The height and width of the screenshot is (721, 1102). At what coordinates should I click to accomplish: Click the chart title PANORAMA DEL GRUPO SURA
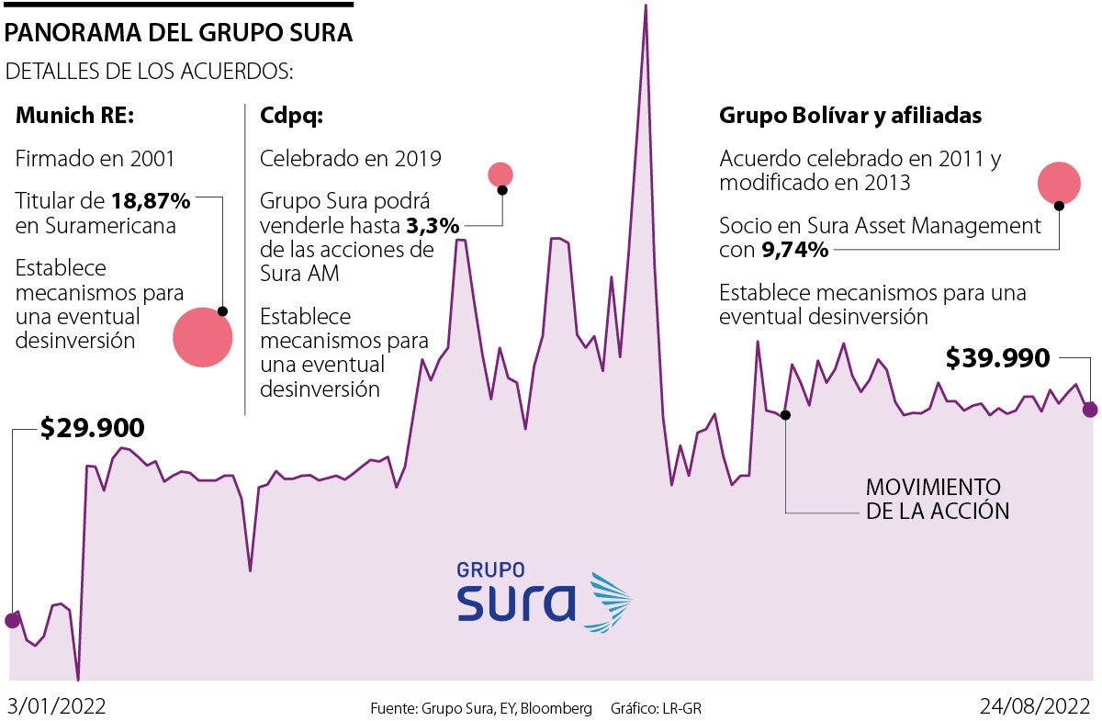[179, 34]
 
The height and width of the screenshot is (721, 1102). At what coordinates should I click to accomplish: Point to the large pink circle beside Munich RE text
[202, 337]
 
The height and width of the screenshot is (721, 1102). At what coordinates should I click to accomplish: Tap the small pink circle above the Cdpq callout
[500, 174]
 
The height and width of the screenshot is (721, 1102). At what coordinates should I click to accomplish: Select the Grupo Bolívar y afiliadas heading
[850, 116]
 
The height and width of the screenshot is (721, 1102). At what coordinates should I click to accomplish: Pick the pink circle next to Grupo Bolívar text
[1058, 181]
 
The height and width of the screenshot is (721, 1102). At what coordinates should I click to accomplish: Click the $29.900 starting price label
[93, 428]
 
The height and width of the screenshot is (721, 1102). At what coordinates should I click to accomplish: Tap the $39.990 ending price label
[997, 358]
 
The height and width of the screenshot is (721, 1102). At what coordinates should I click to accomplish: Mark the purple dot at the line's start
[12, 620]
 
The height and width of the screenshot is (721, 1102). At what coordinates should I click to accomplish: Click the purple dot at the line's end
[1089, 410]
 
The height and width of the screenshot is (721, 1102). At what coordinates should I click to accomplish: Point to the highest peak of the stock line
[646, 7]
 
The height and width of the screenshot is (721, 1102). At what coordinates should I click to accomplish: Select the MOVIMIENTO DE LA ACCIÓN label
[938, 499]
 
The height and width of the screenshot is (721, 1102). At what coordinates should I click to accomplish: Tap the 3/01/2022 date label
[57, 707]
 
